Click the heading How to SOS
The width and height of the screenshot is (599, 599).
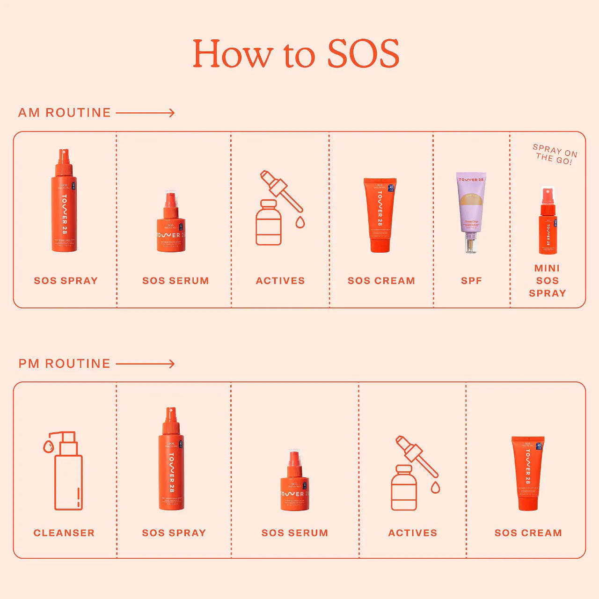tap(296, 53)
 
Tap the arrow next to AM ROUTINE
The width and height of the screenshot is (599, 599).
tap(145, 113)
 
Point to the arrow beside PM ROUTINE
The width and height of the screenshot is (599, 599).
tap(145, 364)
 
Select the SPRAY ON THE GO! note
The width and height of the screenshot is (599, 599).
tap(555, 154)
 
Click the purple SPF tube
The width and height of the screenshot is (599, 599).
tap(471, 212)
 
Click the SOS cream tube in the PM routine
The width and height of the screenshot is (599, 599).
tap(528, 473)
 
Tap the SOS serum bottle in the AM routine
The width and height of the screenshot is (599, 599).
tap(171, 222)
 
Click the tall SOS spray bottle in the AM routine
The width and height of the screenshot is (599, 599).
tap(64, 201)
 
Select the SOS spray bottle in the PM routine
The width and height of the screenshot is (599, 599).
tap(171, 459)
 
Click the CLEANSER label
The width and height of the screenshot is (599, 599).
tap(64, 533)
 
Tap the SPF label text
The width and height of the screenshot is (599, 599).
tap(471, 281)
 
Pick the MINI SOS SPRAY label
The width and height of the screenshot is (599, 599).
tap(548, 281)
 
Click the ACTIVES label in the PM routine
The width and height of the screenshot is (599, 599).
tap(412, 533)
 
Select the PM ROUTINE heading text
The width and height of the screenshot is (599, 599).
tap(65, 364)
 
